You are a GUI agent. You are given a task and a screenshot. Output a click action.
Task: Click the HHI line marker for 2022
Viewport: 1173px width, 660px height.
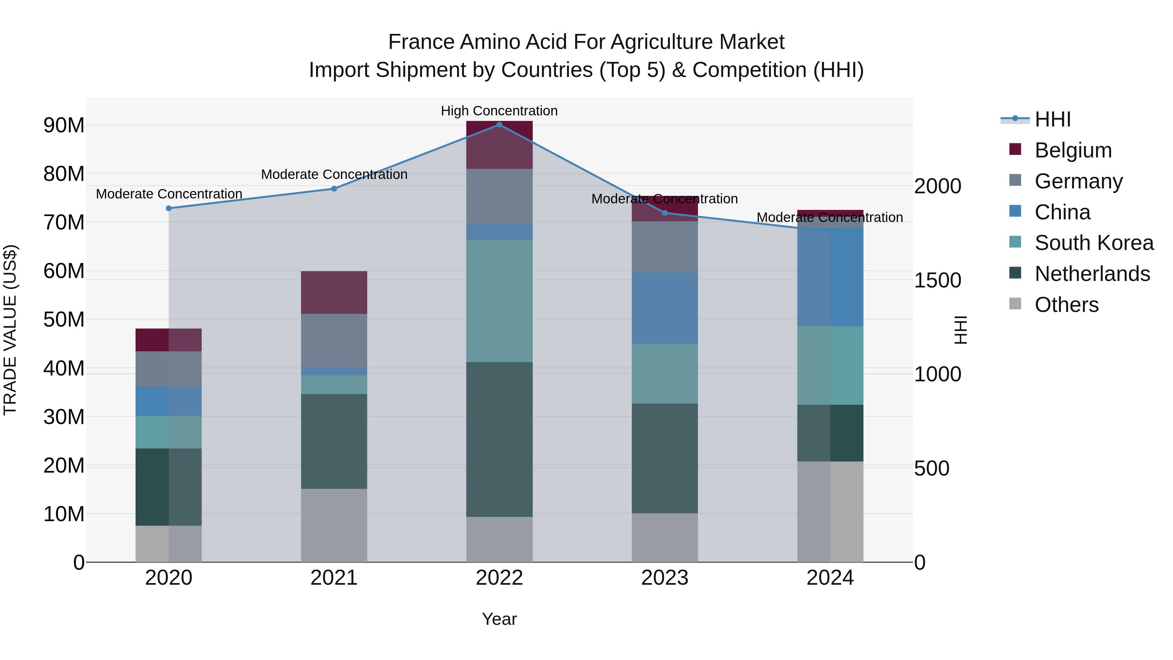[x=499, y=125]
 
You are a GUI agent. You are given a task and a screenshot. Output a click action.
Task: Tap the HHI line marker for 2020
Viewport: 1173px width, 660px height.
[x=168, y=208]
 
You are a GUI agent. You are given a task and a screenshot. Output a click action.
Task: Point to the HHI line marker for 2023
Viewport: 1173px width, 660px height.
[x=664, y=213]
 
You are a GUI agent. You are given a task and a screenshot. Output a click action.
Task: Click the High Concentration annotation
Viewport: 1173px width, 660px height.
[x=499, y=111]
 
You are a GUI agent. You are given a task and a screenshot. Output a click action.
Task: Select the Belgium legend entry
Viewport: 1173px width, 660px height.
[x=1072, y=150]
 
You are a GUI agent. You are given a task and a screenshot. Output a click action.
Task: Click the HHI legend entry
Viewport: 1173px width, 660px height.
[x=1052, y=119]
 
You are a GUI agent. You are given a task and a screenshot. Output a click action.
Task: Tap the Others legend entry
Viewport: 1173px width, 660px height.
[x=1066, y=305]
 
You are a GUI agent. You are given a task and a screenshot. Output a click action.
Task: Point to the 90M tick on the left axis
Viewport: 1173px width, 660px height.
[x=64, y=125]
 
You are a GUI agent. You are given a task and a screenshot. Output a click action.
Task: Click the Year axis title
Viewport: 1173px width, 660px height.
[x=499, y=619]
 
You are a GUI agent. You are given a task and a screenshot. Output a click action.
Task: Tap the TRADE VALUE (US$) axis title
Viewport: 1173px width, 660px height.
[x=10, y=330]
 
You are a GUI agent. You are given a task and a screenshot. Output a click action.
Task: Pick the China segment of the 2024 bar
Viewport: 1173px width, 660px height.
[x=830, y=277]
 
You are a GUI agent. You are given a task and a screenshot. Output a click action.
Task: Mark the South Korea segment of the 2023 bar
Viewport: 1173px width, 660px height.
[x=664, y=374]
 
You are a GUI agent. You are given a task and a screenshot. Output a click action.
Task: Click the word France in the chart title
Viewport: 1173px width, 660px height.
[x=421, y=42]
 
